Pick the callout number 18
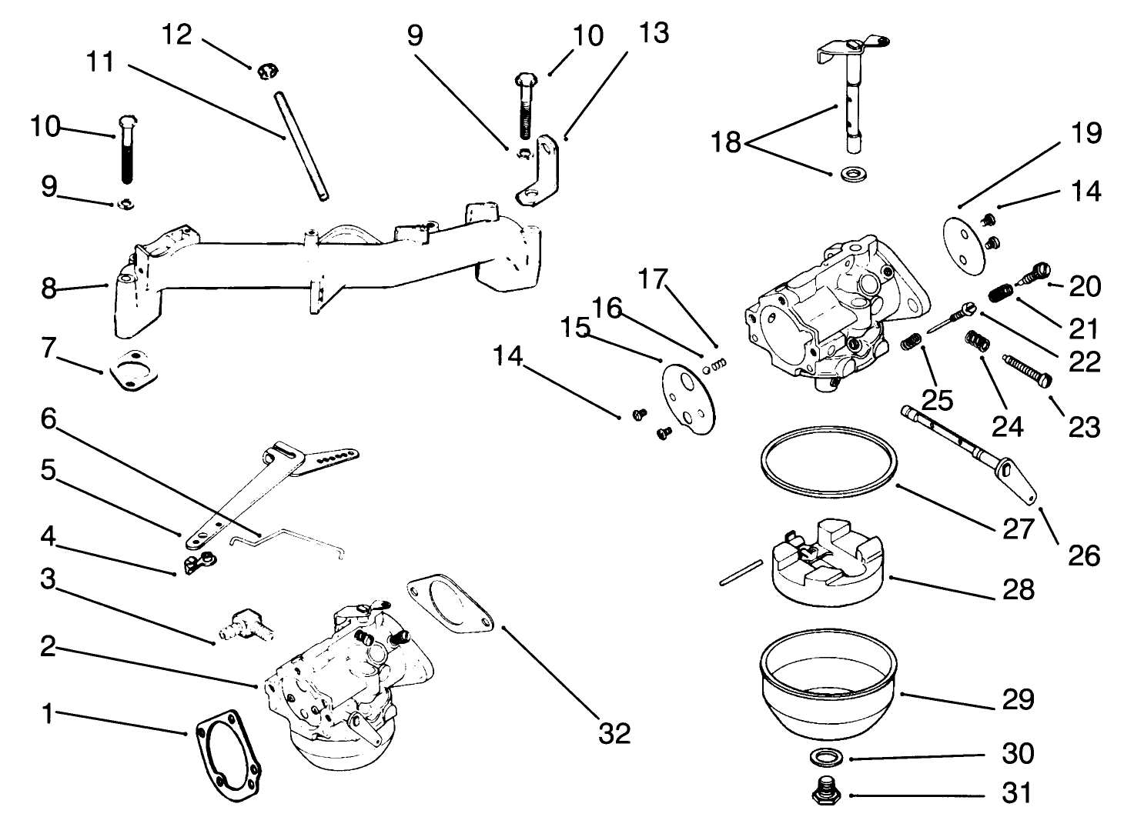[726, 142]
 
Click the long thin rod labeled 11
[300, 146]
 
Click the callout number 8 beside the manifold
[49, 289]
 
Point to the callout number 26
[1084, 555]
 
